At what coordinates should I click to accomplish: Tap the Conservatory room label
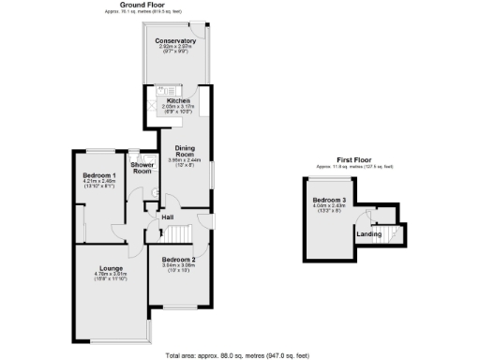point(176,41)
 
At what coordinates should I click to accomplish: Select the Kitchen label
point(178,100)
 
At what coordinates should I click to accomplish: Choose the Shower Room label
point(142,168)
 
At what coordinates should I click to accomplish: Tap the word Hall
point(167,217)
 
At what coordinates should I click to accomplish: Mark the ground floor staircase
point(178,234)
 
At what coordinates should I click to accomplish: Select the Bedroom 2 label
point(178,259)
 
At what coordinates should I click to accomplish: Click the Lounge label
point(111,269)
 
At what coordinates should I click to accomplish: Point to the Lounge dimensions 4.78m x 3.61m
point(111,275)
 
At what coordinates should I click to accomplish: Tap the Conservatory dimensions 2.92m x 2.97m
point(176,47)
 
